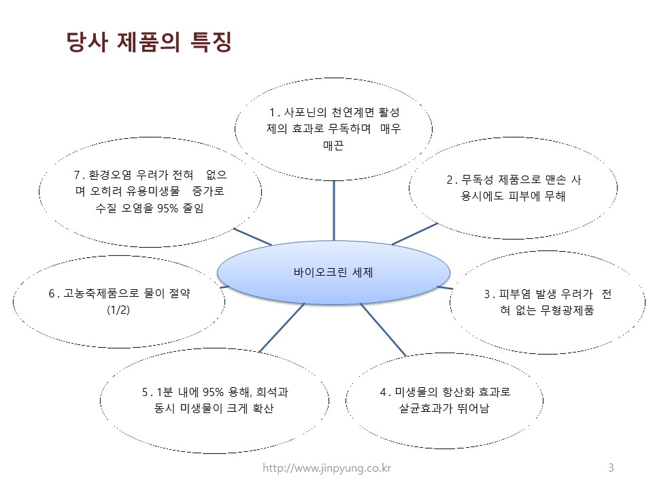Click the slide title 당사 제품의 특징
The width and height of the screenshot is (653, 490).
click(149, 42)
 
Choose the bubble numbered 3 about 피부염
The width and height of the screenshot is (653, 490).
click(548, 302)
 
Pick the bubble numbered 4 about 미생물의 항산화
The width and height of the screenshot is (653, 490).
click(445, 401)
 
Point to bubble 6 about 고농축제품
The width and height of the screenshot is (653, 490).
click(119, 301)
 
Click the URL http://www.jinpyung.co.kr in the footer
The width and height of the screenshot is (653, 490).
click(327, 468)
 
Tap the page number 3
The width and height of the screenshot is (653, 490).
click(611, 468)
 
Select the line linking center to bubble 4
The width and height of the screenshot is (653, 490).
click(382, 329)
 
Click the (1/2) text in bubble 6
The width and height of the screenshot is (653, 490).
click(118, 310)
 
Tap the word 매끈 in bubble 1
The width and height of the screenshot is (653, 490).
click(333, 145)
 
